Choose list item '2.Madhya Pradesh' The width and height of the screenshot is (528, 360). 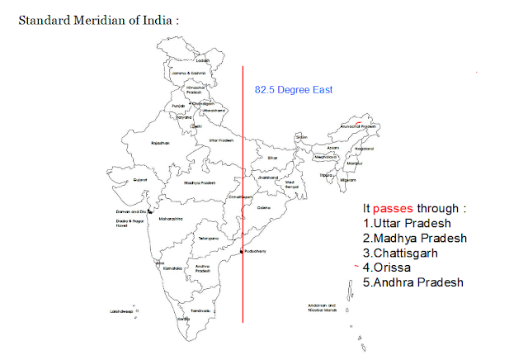[415, 239]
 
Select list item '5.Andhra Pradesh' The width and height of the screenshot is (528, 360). [413, 283]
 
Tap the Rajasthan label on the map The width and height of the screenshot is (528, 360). [160, 143]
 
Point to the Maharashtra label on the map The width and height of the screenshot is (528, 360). [170, 219]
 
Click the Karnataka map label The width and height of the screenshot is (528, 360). [172, 268]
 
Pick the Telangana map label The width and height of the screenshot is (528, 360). [208, 239]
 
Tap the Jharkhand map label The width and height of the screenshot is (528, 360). [266, 178]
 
